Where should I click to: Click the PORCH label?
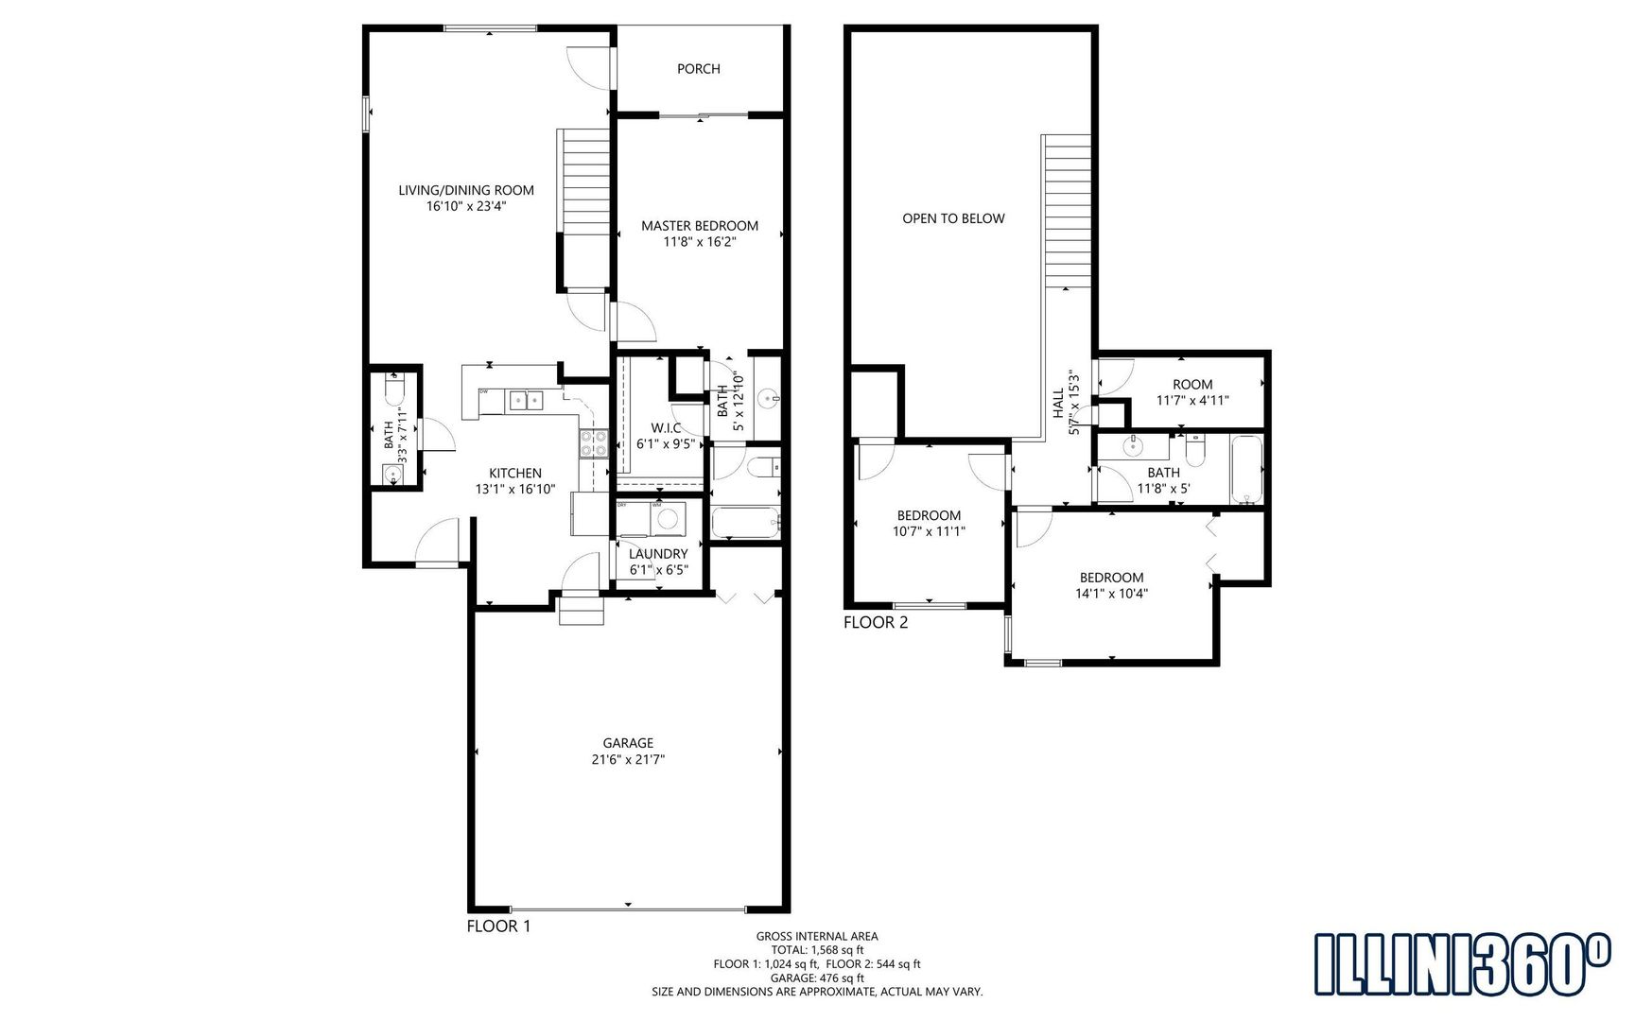[698, 69]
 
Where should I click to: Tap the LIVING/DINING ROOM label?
[466, 190]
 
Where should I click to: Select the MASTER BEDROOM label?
[700, 226]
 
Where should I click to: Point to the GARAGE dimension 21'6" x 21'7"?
[628, 759]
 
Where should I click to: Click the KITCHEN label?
[515, 474]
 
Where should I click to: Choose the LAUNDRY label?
[658, 554]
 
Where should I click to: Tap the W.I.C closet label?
[666, 428]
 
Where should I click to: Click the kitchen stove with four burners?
[594, 443]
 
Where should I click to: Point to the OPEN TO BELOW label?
[953, 218]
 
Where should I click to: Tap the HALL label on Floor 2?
[1058, 403]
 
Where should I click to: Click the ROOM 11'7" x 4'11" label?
[1192, 392]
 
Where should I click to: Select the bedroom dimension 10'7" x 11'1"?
[929, 531]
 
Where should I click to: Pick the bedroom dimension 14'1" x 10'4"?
[1112, 594]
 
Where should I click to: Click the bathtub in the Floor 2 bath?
[1246, 470]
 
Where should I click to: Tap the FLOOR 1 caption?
[498, 926]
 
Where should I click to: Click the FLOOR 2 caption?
[876, 622]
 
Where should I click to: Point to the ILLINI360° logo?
[1462, 963]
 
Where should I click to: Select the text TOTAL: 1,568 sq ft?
[817, 950]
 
